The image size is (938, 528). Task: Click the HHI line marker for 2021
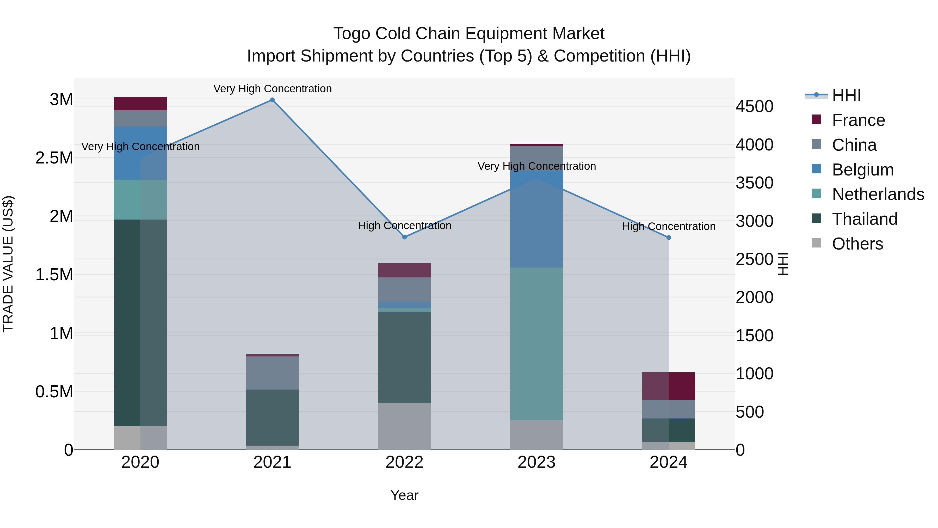pyautogui.click(x=272, y=100)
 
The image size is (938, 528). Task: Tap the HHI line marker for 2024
pyautogui.click(x=669, y=238)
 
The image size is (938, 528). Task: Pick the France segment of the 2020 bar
pyautogui.click(x=140, y=104)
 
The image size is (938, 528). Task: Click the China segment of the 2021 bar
pyautogui.click(x=272, y=373)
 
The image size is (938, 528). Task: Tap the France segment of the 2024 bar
pyautogui.click(x=669, y=386)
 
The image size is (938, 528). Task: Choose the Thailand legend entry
pyautogui.click(x=865, y=219)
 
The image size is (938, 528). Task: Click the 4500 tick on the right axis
pyautogui.click(x=754, y=106)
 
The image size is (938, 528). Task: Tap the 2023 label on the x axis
pyautogui.click(x=536, y=462)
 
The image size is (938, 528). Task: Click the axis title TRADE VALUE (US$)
pyautogui.click(x=8, y=264)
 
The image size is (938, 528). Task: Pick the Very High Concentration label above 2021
pyautogui.click(x=272, y=89)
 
